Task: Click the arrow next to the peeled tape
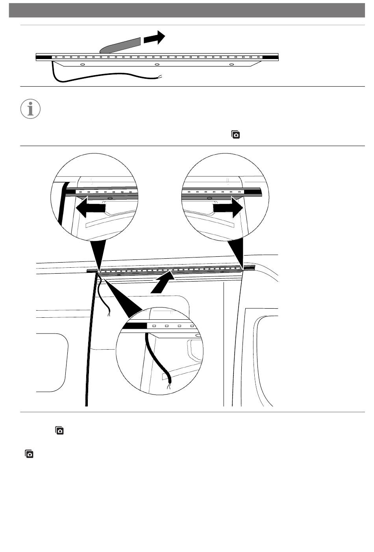(x=154, y=38)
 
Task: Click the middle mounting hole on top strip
(x=157, y=64)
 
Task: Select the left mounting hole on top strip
(x=82, y=64)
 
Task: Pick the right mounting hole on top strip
(x=231, y=64)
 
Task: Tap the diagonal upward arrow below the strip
(x=162, y=285)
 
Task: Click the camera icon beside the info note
(x=235, y=134)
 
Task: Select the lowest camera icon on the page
(x=29, y=454)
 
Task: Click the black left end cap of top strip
(x=44, y=57)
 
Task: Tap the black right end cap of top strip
(x=270, y=57)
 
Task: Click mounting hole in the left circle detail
(x=110, y=198)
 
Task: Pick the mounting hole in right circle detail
(x=209, y=198)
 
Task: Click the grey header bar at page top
(x=187, y=10)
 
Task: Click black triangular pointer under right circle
(x=238, y=252)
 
